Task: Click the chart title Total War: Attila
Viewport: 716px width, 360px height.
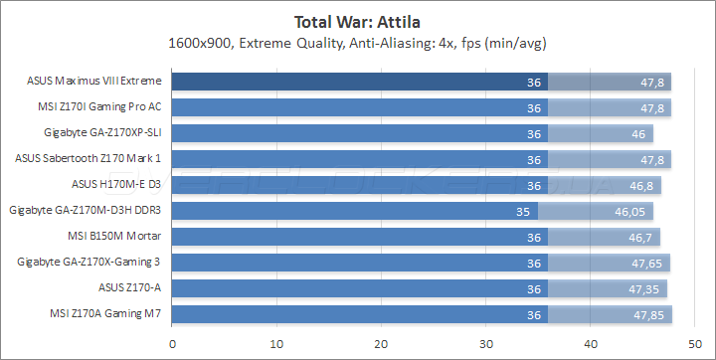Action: click(358, 19)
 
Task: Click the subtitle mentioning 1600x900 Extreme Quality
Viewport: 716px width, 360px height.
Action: click(358, 43)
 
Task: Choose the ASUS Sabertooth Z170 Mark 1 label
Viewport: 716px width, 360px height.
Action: click(89, 159)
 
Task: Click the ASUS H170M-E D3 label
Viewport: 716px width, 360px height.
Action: click(116, 185)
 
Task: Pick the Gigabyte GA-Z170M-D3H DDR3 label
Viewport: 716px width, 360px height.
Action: click(85, 211)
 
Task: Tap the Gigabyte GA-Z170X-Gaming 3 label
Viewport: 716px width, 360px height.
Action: click(89, 263)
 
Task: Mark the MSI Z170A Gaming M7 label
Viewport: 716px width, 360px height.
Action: click(104, 314)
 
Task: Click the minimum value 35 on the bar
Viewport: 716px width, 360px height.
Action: click(525, 211)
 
